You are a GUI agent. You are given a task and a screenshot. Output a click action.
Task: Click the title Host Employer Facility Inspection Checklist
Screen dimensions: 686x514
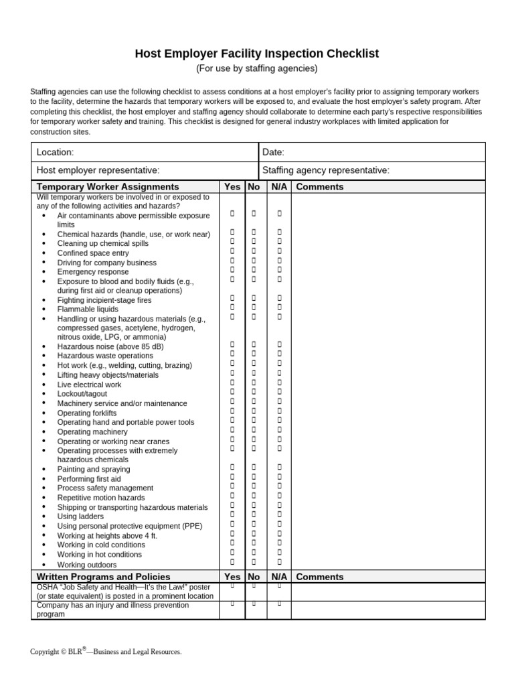click(257, 53)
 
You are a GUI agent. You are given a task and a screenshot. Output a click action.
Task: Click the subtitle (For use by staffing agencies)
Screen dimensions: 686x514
click(257, 68)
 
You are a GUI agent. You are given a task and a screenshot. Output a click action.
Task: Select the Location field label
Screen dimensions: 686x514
click(55, 153)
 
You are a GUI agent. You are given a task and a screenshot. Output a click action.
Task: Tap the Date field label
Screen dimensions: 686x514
click(273, 153)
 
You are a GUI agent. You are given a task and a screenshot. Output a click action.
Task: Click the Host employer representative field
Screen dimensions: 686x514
click(98, 171)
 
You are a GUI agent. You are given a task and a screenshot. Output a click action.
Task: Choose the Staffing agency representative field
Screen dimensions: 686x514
click(326, 171)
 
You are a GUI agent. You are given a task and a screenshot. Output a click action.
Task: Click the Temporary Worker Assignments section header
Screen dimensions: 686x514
click(108, 187)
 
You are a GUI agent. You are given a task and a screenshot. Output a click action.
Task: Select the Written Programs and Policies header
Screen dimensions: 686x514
click(103, 577)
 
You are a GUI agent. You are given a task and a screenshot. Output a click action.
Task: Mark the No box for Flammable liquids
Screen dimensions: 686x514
click(254, 307)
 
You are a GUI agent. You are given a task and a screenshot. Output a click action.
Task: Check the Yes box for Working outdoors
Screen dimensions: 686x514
click(232, 562)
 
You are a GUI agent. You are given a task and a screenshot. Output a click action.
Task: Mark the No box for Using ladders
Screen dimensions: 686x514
click(254, 514)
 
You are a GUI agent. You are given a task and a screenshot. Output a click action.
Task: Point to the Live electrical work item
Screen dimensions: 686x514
click(89, 385)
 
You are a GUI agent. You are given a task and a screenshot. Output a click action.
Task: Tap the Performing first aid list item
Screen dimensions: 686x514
click(89, 479)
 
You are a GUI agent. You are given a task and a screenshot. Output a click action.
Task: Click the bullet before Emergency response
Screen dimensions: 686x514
click(44, 273)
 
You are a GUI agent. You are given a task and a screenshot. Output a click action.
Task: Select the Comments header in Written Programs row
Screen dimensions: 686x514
click(319, 577)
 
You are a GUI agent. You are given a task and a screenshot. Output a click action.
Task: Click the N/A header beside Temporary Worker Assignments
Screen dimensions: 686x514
click(279, 187)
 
